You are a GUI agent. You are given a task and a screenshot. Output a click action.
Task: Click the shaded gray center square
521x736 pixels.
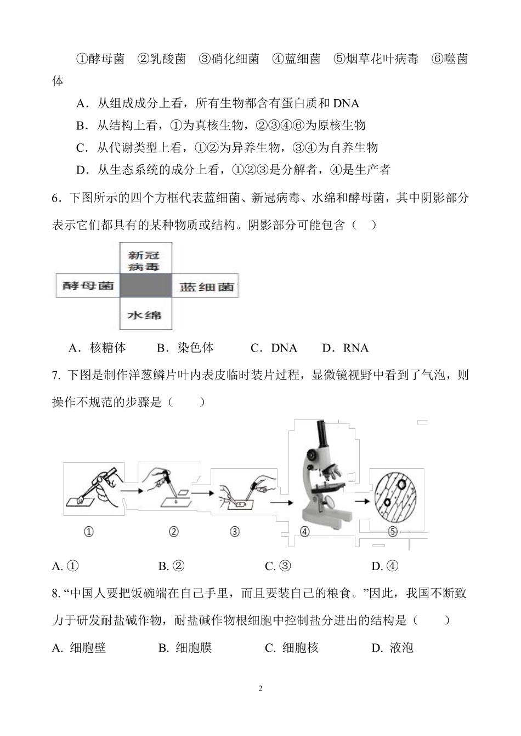click(146, 286)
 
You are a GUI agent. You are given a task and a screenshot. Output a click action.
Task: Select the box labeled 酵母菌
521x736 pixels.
click(88, 286)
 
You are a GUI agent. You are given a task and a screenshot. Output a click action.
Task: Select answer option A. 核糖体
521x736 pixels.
click(97, 348)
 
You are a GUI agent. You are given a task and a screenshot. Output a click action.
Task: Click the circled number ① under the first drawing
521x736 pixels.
click(88, 532)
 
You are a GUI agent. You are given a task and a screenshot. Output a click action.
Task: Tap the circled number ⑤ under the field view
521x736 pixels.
click(392, 532)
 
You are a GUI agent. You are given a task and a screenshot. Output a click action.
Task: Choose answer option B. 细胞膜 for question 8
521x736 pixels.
click(185, 648)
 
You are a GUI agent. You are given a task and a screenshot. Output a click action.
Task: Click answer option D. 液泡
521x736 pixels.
click(392, 648)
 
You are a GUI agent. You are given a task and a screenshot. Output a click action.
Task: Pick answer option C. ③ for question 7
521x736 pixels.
click(278, 566)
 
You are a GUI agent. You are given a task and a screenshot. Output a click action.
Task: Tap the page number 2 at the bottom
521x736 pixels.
click(260, 688)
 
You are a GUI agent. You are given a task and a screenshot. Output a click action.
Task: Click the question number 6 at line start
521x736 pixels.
click(55, 198)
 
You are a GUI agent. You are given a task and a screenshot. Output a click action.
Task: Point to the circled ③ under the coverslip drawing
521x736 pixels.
click(234, 532)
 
